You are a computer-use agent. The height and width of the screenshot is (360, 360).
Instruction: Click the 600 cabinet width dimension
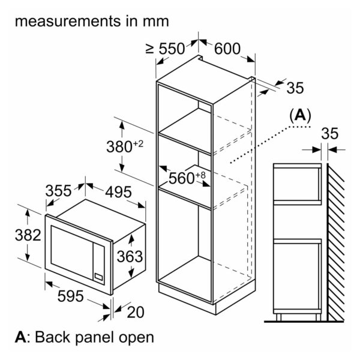227,49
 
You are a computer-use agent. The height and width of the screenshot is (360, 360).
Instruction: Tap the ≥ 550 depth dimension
166,49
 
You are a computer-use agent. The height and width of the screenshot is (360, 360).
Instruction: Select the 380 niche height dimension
125,146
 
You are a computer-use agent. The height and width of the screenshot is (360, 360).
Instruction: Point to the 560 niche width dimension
187,178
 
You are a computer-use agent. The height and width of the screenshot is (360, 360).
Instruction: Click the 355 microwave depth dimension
58,191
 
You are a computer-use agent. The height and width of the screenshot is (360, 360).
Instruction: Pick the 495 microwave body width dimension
118,192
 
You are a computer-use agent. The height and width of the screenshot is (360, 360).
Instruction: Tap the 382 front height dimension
28,235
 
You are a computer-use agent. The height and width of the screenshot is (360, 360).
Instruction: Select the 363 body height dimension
130,256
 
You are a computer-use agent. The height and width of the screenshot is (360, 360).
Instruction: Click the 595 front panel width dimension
70,296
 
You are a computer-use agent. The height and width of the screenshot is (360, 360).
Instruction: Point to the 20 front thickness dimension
136,312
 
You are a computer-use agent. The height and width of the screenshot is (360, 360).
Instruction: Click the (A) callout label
301,115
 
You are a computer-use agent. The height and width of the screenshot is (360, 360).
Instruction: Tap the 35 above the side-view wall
329,133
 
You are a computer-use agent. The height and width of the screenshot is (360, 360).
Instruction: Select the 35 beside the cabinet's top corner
295,88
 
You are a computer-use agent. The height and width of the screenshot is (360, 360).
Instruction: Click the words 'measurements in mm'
92,22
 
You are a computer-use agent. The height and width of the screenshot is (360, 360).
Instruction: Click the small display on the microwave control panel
99,277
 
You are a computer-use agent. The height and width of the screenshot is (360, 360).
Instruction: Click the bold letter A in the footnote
20,337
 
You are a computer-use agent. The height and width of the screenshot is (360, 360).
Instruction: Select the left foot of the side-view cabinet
278,317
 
